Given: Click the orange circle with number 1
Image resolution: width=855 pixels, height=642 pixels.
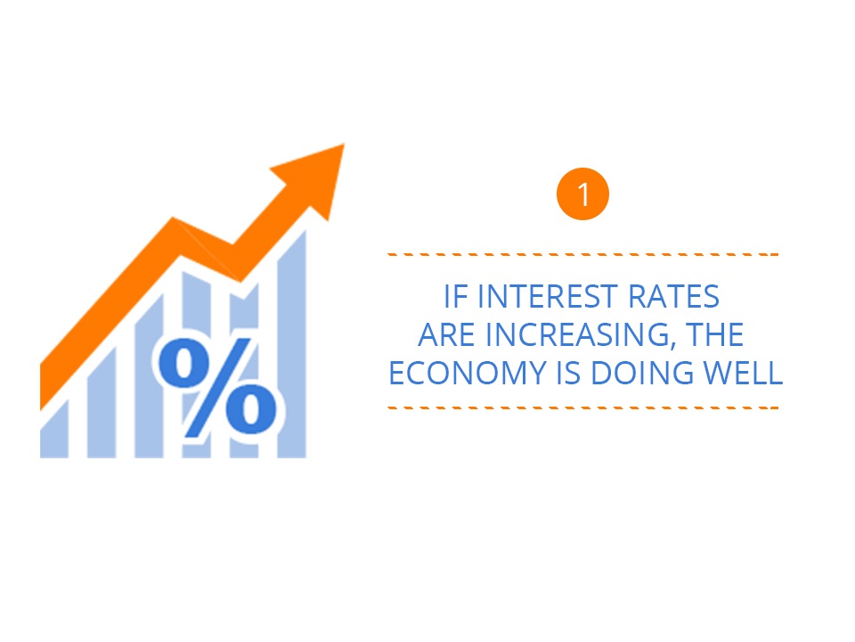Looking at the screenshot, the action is [x=582, y=193].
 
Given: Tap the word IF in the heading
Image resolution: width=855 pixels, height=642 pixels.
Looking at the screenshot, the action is [x=456, y=296].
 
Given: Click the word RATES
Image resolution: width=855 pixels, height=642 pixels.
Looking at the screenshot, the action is [x=673, y=296].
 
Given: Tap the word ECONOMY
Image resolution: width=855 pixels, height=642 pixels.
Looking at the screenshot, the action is [x=468, y=373].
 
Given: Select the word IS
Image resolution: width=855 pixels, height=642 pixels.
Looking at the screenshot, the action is [x=568, y=373].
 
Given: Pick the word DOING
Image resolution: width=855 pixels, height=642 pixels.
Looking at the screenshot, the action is [x=642, y=373].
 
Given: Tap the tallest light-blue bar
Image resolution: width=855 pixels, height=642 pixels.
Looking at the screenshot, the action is [x=292, y=345].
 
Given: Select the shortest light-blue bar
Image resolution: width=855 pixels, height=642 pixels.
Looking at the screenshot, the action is [x=54, y=430].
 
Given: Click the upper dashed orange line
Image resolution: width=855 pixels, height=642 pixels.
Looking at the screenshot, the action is [x=582, y=254].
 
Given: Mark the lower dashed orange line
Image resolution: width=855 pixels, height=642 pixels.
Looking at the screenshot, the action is [x=582, y=407].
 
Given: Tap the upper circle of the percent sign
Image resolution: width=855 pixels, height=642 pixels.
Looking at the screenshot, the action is [x=183, y=363].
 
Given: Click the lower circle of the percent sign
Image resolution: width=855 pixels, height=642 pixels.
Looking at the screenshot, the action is [x=251, y=407].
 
